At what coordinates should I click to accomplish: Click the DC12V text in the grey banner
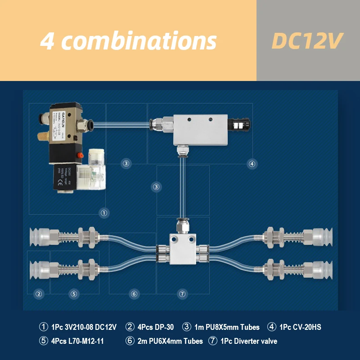(307, 41)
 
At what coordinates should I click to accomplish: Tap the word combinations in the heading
(139, 41)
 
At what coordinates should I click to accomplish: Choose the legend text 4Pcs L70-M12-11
(77, 341)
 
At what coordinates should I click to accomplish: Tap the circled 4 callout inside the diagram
(252, 164)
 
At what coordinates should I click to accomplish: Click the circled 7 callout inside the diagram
(182, 294)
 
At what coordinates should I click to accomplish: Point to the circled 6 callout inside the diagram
(134, 294)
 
